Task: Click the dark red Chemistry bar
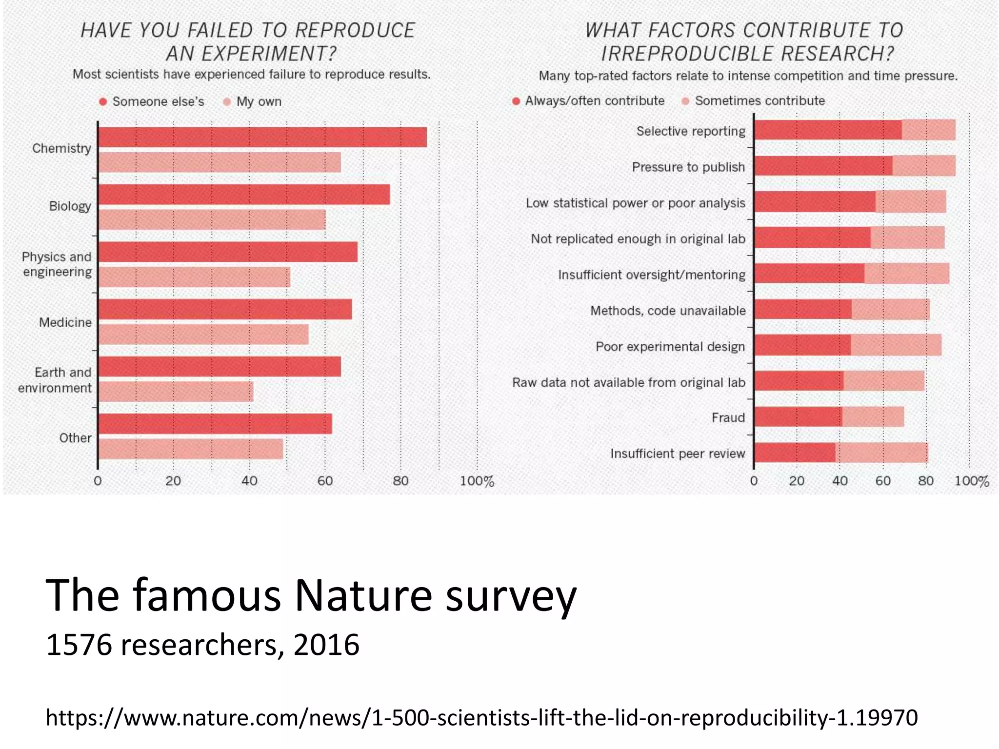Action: [262, 137]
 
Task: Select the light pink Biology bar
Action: [212, 220]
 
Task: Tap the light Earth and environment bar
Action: [176, 392]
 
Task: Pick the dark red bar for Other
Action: [215, 424]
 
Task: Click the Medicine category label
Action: [65, 322]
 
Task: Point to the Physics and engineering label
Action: [57, 264]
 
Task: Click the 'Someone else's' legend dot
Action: [103, 101]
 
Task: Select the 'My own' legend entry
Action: [259, 101]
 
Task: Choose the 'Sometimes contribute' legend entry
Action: [759, 101]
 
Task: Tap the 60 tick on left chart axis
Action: [325, 481]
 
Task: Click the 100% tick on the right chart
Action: [971, 481]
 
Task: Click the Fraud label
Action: [728, 418]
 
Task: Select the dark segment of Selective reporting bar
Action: [828, 130]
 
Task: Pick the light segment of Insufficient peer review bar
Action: [881, 453]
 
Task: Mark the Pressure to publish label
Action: [688, 167]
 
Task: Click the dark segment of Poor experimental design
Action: [802, 345]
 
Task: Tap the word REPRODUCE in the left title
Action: [355, 31]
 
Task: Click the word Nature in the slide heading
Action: [363, 595]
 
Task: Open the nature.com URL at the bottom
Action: [481, 717]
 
